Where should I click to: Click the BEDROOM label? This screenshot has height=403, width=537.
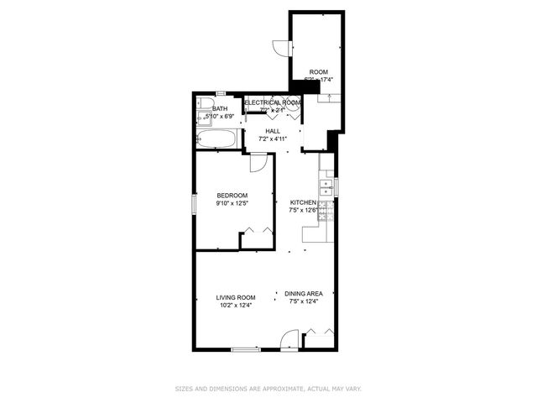click(x=232, y=196)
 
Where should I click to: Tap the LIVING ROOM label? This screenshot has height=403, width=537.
click(x=235, y=297)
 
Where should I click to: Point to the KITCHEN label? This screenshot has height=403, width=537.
click(x=303, y=202)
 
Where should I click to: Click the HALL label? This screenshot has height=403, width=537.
click(x=273, y=131)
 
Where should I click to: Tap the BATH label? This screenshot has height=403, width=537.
click(x=220, y=108)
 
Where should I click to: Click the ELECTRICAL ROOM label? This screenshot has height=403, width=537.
click(x=272, y=102)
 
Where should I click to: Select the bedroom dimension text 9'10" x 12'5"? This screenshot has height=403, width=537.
click(x=232, y=203)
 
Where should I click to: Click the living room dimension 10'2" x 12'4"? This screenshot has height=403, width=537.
click(x=235, y=306)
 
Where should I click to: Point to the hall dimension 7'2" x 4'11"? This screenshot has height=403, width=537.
click(x=273, y=139)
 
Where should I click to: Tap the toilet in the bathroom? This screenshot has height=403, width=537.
click(x=204, y=104)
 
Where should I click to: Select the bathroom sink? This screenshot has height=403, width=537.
click(x=203, y=118)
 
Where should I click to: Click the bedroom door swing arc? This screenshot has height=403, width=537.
click(x=261, y=164)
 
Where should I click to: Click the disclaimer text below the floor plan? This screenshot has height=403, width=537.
click(x=268, y=389)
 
